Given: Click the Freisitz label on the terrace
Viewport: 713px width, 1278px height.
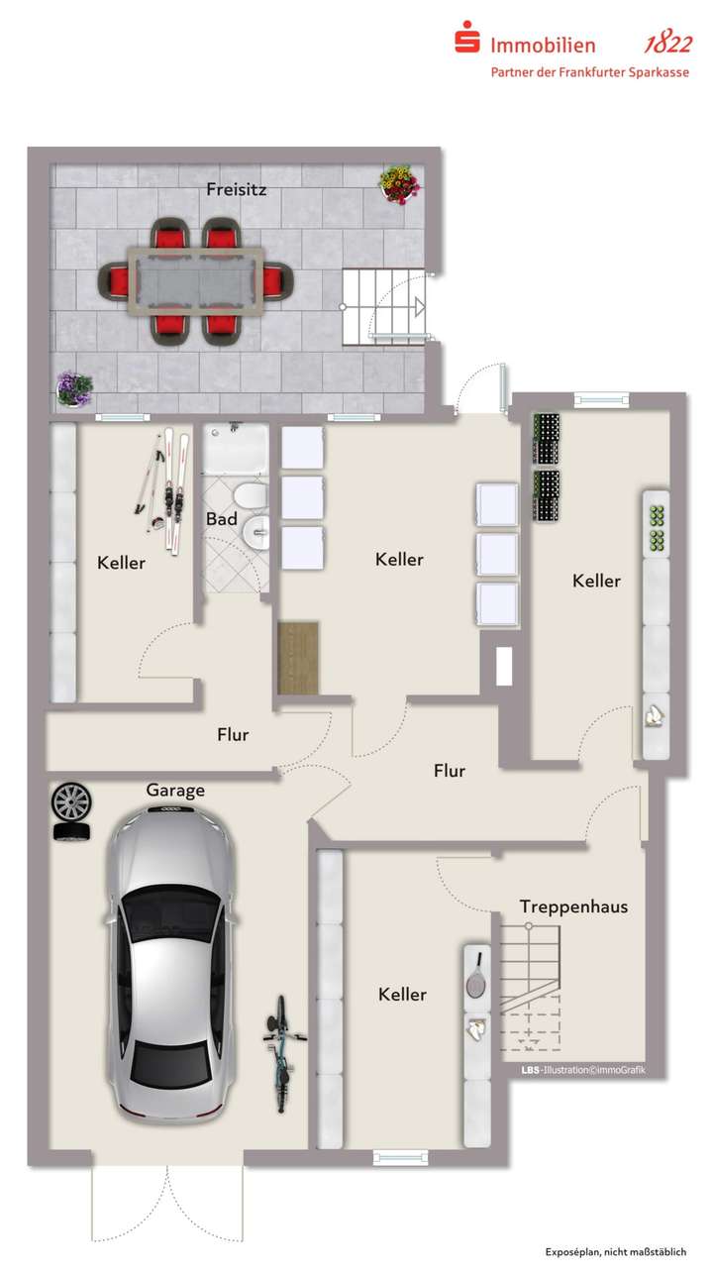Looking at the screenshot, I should (237, 188).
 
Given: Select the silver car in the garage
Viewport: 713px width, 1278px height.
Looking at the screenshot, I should (171, 961).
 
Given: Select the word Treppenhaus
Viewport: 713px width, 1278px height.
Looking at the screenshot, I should (573, 905).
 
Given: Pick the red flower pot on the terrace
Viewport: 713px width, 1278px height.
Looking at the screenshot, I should (398, 184).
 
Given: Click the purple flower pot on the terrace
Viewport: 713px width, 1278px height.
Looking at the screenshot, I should (73, 387).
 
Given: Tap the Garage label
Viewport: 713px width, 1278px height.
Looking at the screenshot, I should (175, 790).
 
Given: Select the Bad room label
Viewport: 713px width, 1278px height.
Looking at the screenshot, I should (221, 519).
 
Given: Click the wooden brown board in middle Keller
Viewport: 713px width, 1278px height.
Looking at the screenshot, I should (299, 657).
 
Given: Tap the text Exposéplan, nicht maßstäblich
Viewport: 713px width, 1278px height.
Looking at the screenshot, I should (615, 1252).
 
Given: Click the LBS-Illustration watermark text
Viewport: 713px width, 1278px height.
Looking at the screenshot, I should (582, 1070).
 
